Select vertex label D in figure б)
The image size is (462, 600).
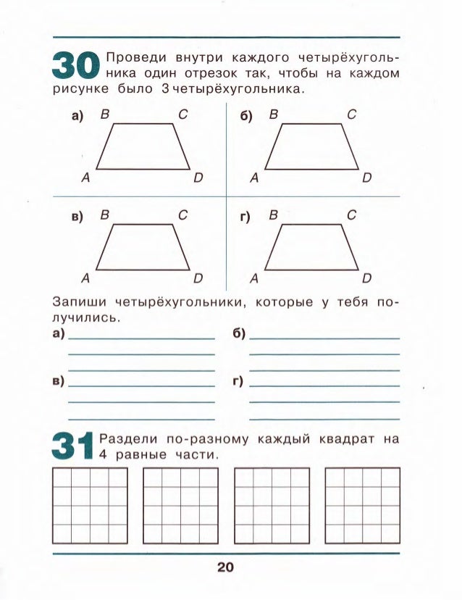point(368,177)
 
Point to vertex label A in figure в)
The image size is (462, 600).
point(85,278)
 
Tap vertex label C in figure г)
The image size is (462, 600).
point(351,214)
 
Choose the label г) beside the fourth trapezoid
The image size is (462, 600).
point(246,216)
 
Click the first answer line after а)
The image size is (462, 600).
point(141,338)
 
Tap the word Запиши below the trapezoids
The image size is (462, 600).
point(77,301)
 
